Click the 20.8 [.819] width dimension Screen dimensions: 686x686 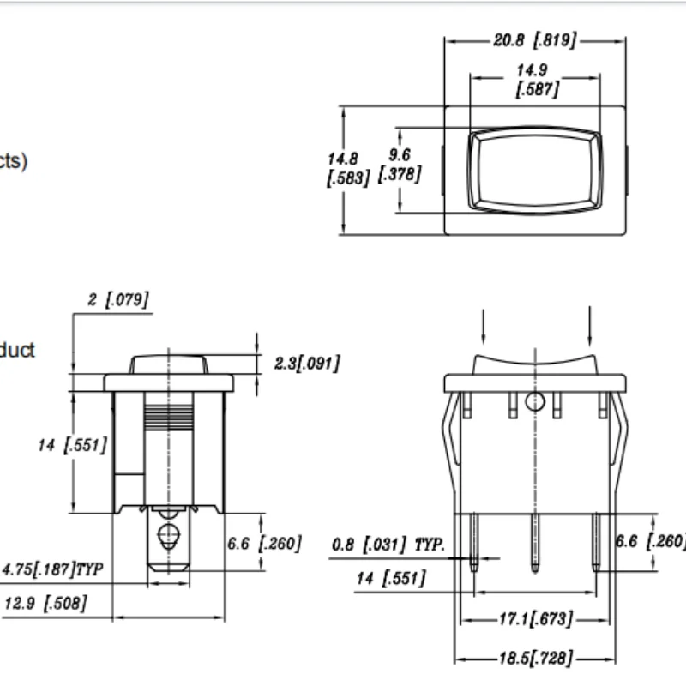tap(533, 41)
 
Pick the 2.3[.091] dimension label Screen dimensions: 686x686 tap(306, 364)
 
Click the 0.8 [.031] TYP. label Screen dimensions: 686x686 tap(388, 545)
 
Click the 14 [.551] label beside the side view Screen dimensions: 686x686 tap(72, 445)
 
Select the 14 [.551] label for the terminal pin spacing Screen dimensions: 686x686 tap(391, 579)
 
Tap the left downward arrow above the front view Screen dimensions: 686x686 tap(483, 325)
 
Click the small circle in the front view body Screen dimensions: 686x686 tap(536, 400)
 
